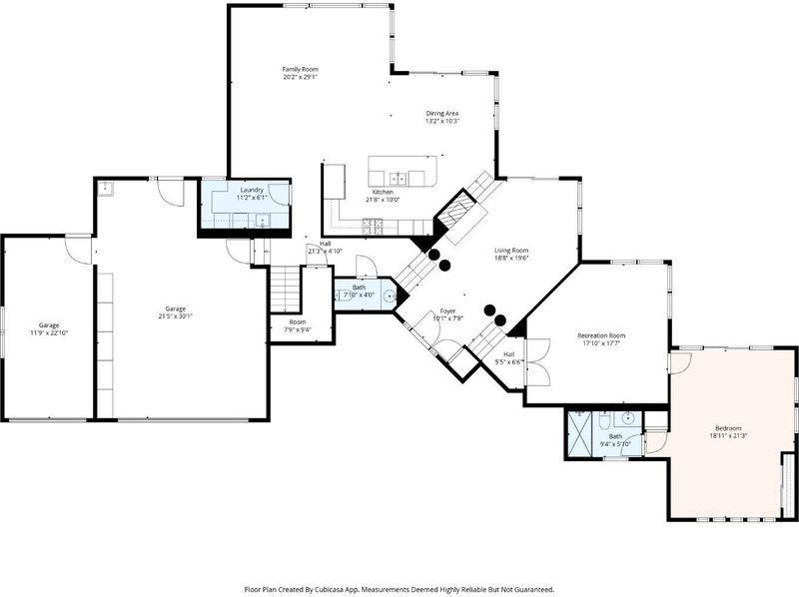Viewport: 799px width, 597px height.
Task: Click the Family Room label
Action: click(x=301, y=69)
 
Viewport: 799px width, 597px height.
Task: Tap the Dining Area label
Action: click(x=442, y=113)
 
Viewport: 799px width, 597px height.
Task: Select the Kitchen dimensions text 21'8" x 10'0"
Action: click(x=383, y=200)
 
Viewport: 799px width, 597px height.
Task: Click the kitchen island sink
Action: click(x=398, y=179)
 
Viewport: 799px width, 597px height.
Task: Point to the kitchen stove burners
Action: click(x=374, y=227)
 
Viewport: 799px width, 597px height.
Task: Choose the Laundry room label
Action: click(x=252, y=190)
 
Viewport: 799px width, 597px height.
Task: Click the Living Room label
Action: click(x=511, y=251)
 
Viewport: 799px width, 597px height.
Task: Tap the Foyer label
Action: click(x=447, y=311)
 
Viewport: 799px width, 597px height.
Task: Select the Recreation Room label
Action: click(x=601, y=335)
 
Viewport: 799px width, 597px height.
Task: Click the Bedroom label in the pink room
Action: click(x=728, y=428)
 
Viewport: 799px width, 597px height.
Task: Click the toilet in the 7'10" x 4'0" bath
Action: click(x=342, y=295)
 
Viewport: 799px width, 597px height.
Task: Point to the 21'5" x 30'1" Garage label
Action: click(x=176, y=308)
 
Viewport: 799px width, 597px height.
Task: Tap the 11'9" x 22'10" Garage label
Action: click(x=49, y=325)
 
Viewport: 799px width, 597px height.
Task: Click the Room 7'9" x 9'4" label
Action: click(x=298, y=321)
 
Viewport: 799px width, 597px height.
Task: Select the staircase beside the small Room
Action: click(x=285, y=289)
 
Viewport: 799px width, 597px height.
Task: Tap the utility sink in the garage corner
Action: click(x=106, y=188)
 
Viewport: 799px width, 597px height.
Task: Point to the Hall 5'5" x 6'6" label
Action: click(x=509, y=354)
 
